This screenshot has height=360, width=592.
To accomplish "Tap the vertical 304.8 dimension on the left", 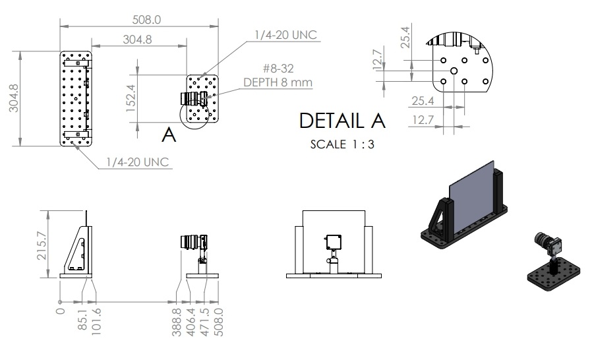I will point(14,98).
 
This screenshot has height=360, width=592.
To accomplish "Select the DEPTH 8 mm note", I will point(278,82).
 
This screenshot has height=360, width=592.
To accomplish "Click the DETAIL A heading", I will point(342,121).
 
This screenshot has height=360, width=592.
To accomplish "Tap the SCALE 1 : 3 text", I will point(342,144).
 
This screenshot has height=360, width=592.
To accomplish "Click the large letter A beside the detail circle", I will point(169,135).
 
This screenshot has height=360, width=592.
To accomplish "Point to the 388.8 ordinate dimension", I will point(177,322).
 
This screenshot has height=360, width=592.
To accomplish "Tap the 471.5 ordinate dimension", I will point(206,322).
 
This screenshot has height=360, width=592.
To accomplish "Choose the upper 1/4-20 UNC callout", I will point(285,34).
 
